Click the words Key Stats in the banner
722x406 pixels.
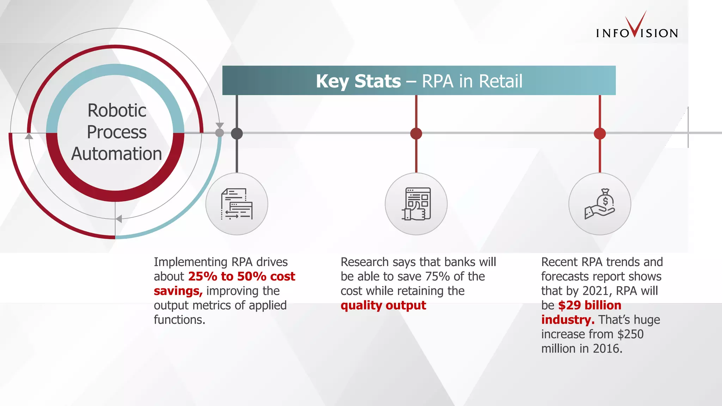click(x=358, y=81)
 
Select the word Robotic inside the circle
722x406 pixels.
click(x=117, y=110)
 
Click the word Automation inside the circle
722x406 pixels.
click(x=117, y=154)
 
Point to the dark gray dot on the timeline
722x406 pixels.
click(x=237, y=134)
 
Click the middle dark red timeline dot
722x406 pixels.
click(x=416, y=134)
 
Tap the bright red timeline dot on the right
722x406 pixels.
click(x=600, y=134)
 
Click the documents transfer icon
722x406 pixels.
click(x=237, y=204)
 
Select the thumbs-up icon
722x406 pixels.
click(x=416, y=204)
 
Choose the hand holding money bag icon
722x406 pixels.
click(x=600, y=204)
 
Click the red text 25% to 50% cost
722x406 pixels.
click(x=241, y=276)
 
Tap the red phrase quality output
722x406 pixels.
click(x=383, y=305)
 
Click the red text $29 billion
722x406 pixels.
click(x=589, y=305)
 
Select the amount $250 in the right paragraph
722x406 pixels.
click(x=630, y=334)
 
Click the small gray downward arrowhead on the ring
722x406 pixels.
click(x=220, y=125)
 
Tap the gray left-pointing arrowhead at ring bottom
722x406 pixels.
click(x=119, y=219)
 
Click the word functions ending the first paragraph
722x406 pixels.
click(x=179, y=320)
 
